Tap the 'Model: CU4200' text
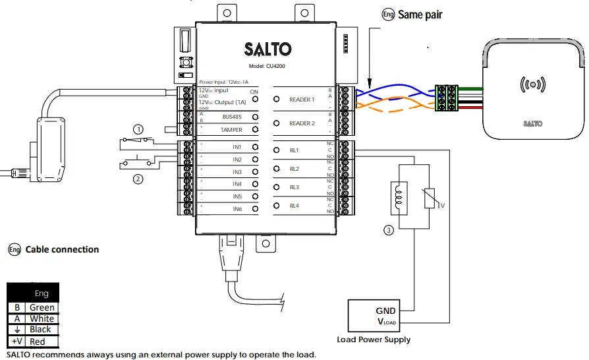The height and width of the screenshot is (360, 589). pos(267,67)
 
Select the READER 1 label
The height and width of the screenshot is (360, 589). pos(302,100)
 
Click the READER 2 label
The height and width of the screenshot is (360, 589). pos(302,124)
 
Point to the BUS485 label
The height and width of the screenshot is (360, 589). pos(232,117)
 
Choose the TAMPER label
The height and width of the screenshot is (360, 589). pos(231,131)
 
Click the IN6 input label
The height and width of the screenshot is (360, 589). pos(237,209)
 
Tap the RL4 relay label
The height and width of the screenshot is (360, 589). pos(294,206)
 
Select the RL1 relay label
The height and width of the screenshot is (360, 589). pos(294,150)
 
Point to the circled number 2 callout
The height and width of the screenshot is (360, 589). pos(138,178)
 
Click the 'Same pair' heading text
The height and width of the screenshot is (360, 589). pos(420,15)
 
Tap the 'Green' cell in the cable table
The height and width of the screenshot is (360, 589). pos(42,307)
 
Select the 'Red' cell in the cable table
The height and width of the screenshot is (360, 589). pos(38,342)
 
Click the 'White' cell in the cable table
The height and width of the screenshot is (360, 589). pos(42,318)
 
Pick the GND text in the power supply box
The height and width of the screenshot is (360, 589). pos(385,311)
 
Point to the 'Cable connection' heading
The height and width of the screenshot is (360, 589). pos(62,250)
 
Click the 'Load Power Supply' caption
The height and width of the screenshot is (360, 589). pos(373,340)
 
